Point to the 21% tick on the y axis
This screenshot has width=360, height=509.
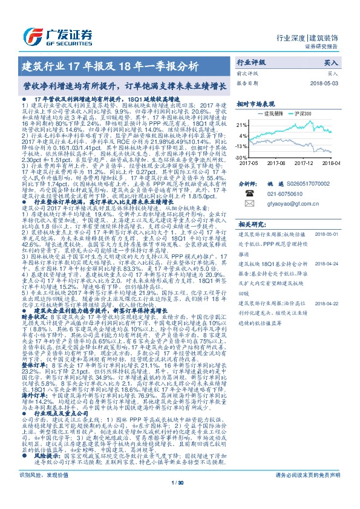click(x=242, y=124)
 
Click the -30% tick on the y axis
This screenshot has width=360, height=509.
click(x=242, y=157)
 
